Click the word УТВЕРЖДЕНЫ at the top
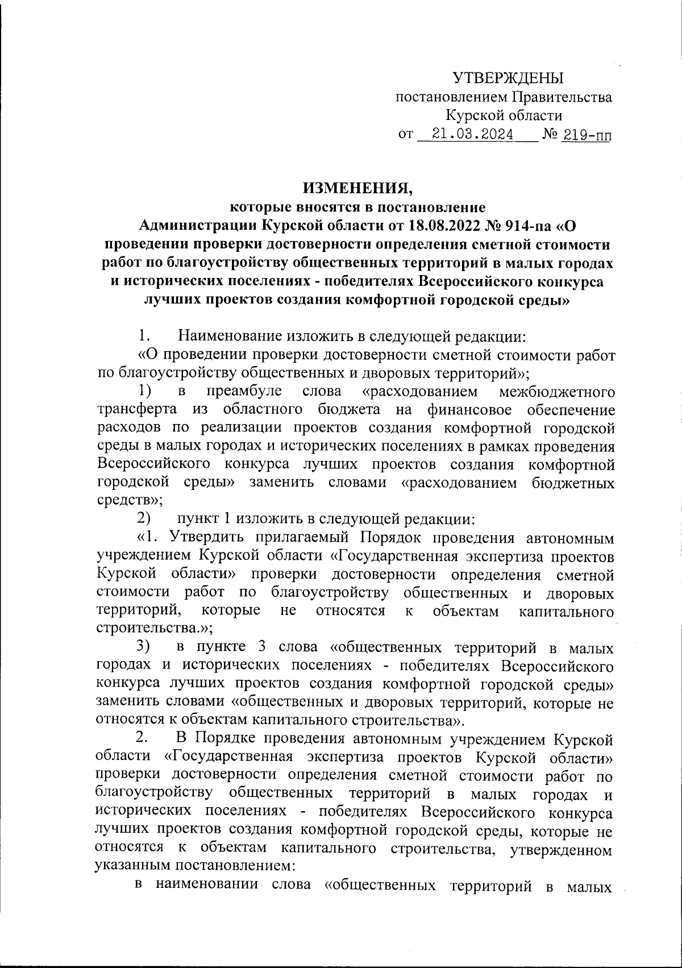coord(508,78)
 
